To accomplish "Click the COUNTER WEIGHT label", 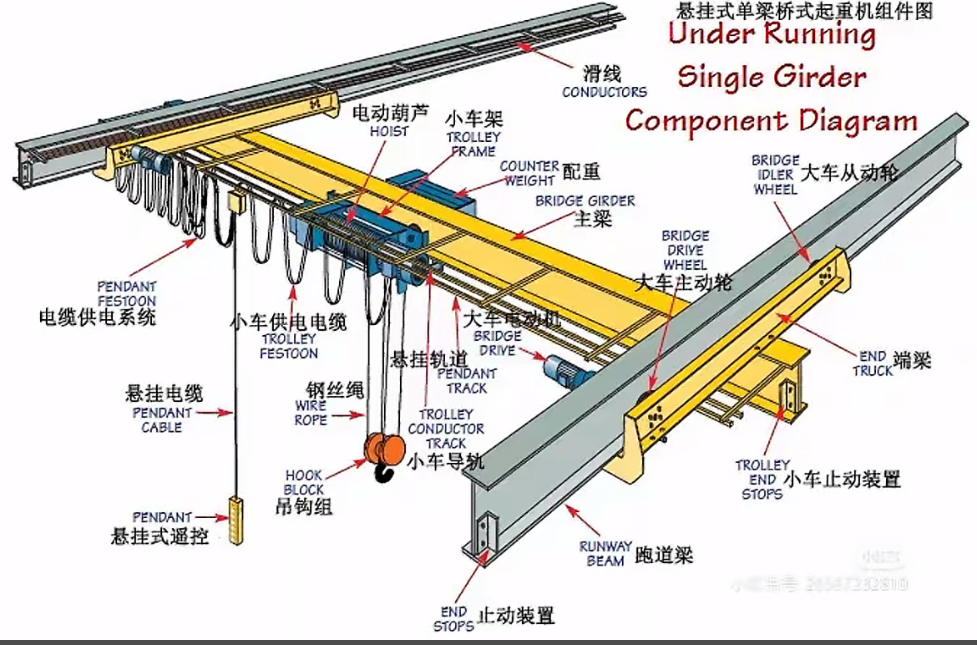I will click(x=529, y=173).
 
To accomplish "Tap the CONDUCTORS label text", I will click(x=604, y=92).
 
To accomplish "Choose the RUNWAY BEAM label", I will click(x=605, y=554).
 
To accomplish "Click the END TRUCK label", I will click(x=873, y=363).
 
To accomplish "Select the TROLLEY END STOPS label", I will click(x=762, y=480).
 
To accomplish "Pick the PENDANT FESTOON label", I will click(x=126, y=292).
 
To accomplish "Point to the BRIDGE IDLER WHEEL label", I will click(x=775, y=175).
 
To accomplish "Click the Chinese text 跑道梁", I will click(x=664, y=554).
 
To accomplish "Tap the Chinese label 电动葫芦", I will click(x=390, y=112).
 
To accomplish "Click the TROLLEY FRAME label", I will click(x=473, y=144).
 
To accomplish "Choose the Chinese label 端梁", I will click(x=912, y=360).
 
